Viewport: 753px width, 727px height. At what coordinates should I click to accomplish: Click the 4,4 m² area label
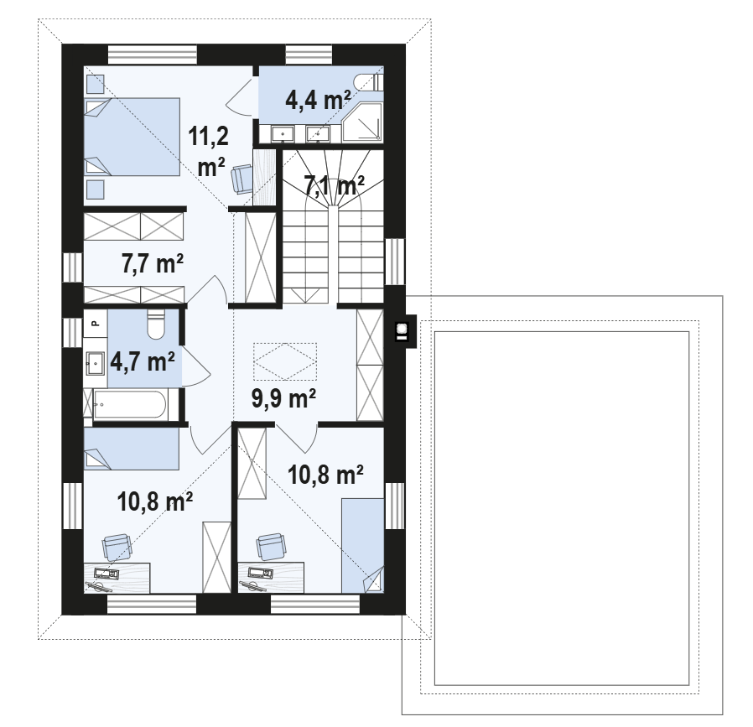(318, 100)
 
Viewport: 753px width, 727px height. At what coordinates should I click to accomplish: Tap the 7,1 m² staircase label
(334, 184)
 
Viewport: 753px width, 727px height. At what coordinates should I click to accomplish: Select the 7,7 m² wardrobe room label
(153, 263)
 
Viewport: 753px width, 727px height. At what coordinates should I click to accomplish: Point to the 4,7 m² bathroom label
(143, 361)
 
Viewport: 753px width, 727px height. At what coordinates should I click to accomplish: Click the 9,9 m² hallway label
(283, 398)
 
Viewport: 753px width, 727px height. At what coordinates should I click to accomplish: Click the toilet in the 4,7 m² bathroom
(156, 325)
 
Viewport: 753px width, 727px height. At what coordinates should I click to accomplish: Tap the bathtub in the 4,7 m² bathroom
(130, 405)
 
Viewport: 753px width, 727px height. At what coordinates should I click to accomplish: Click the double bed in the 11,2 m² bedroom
(132, 137)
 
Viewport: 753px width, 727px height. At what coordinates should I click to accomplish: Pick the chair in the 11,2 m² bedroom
(241, 179)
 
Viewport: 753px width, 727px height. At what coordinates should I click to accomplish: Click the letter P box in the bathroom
(95, 324)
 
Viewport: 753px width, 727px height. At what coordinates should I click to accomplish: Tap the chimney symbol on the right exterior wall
(402, 330)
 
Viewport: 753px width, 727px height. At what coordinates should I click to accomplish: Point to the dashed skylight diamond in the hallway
(285, 361)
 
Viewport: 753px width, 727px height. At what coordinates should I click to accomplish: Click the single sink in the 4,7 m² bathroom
(96, 363)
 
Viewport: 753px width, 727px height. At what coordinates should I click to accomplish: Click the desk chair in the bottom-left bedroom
(117, 547)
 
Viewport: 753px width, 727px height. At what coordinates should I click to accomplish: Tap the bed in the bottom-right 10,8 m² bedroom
(362, 546)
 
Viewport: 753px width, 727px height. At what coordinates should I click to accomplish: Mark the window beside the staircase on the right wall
(395, 262)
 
